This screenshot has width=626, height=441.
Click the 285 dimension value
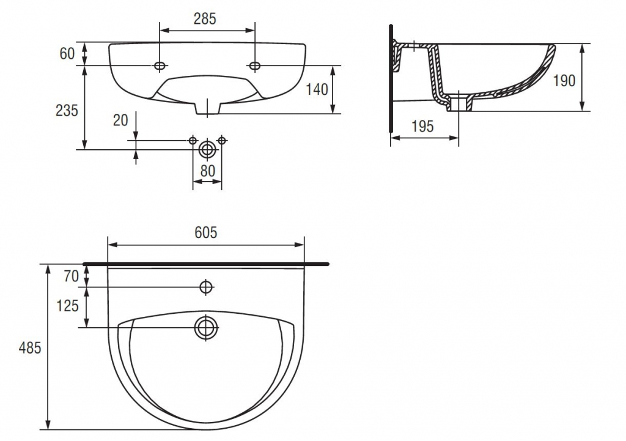tap(205, 19)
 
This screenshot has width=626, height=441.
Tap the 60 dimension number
tap(67, 54)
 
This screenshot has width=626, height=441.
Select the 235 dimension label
tap(67, 110)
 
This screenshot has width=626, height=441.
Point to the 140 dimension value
tap(317, 89)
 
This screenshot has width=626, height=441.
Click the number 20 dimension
tap(120, 120)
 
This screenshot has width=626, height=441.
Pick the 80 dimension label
tap(208, 171)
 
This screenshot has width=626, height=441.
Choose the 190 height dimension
tap(564, 81)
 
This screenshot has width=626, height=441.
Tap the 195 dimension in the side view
tap(422, 126)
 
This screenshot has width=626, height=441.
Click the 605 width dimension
tap(205, 232)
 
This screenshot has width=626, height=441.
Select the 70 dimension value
tap(71, 276)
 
